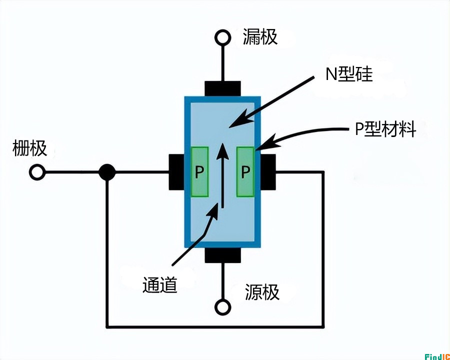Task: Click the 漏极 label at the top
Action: coord(260,37)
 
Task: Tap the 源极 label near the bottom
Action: coord(262,292)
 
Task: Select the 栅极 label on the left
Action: coord(30,148)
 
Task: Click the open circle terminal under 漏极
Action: coord(222,37)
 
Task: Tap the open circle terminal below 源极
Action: coord(222,306)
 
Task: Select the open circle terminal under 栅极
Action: coord(36,172)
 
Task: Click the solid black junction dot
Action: coord(106,172)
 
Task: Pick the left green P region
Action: coord(199,172)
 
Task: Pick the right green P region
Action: coord(245,172)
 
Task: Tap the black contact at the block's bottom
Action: coord(222,254)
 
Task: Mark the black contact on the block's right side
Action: coord(268,172)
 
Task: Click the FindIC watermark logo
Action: coord(437,355)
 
